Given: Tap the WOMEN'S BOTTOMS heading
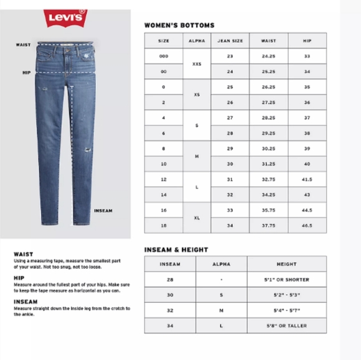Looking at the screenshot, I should tap(179, 25).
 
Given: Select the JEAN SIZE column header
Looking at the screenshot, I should tap(230, 40).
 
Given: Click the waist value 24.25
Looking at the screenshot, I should tap(268, 56).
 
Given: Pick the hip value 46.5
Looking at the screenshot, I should tap(307, 226).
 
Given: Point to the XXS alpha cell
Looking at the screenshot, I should tap(197, 63).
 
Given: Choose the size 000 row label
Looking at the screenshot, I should tap(164, 56).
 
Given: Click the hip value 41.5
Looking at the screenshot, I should tap(307, 179).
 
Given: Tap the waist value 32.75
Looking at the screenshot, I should tap(268, 179).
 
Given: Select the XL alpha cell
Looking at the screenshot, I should tap(197, 218).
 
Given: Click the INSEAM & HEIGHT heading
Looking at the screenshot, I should tap(176, 250).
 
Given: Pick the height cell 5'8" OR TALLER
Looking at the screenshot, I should tap(286, 325).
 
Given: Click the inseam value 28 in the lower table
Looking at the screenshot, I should tap(170, 280).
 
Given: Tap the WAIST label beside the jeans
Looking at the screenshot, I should tap(23, 45).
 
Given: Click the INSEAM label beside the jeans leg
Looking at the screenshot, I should tap(103, 211).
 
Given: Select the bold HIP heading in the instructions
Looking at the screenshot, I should tap(18, 278).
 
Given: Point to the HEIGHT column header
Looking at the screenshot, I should tap(286, 264).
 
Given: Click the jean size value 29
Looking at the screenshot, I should tap(230, 149).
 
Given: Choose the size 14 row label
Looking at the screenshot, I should tap(164, 195).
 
